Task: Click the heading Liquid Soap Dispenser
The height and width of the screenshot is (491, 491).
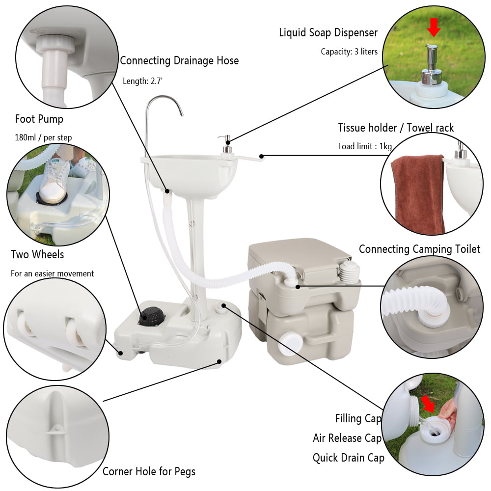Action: pos(328,33)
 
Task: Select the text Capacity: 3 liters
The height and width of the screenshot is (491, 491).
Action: pos(349,52)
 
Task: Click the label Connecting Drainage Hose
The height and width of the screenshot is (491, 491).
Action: pos(179,61)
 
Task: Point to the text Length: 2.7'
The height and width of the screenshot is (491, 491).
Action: pos(142,81)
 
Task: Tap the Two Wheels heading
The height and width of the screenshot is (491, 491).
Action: pos(37,254)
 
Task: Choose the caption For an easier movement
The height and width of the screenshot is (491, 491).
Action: pos(52,273)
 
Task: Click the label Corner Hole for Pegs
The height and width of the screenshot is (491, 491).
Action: pos(149,472)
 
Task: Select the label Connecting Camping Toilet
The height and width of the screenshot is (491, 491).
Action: pos(419,249)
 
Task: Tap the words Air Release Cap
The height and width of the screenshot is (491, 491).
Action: pos(347,438)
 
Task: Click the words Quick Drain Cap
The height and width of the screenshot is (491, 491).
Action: pos(348,458)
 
